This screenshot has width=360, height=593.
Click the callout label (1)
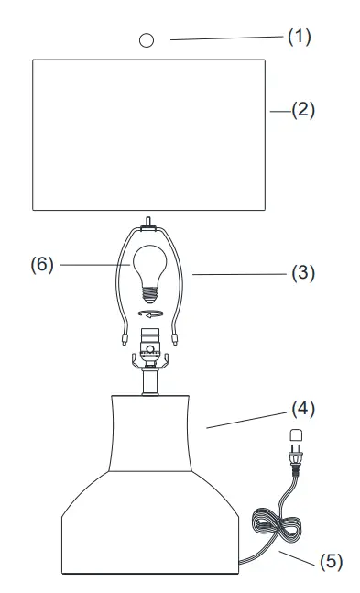coord(300,37)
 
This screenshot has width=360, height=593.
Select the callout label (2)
coord(302,110)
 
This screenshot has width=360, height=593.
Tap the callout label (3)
coord(302,273)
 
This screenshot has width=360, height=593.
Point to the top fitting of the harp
coord(147,224)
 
